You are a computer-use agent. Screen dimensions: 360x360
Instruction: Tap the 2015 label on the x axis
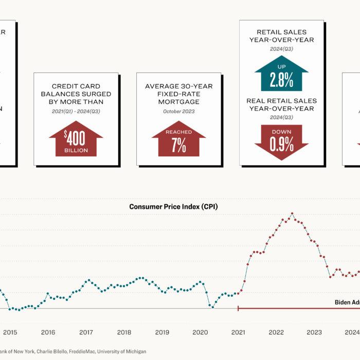coord(10,332)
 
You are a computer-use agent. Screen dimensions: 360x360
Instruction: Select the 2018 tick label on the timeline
coord(124,332)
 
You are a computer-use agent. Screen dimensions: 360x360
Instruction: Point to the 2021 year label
coord(238,332)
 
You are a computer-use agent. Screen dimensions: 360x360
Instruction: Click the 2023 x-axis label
coord(314,332)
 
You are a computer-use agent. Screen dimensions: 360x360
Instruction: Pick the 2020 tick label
coord(200,332)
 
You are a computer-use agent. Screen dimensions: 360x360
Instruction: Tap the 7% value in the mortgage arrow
coord(178,146)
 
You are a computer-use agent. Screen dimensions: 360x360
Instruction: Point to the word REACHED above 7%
coord(178,133)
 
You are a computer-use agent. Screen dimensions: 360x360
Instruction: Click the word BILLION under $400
coord(76,151)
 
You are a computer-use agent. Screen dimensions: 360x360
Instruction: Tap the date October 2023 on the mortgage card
coord(178,111)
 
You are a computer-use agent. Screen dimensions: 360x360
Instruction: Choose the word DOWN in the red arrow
coord(281,132)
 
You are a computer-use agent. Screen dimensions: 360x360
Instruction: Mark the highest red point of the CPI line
coord(292,213)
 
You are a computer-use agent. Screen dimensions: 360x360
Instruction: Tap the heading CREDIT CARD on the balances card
coord(76,86)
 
